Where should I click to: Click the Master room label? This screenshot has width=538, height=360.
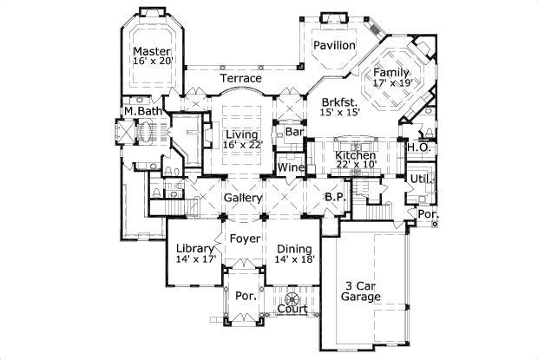coord(152,51)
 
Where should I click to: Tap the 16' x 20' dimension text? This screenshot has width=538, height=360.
coord(153,62)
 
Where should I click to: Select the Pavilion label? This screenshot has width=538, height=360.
coord(334,44)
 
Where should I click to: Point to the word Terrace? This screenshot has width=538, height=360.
coord(240,79)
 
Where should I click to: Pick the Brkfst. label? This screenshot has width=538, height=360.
coord(338,101)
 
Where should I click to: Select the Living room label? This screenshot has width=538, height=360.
coord(242,134)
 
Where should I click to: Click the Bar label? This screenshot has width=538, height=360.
coord(293,133)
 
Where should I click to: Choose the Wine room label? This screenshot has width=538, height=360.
coord(289,167)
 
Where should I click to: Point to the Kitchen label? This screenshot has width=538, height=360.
coord(355,155)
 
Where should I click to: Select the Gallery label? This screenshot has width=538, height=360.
coord(243,199)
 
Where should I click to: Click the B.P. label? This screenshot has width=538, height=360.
coord(335,198)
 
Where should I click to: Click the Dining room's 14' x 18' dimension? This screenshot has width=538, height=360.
coord(295,259)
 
